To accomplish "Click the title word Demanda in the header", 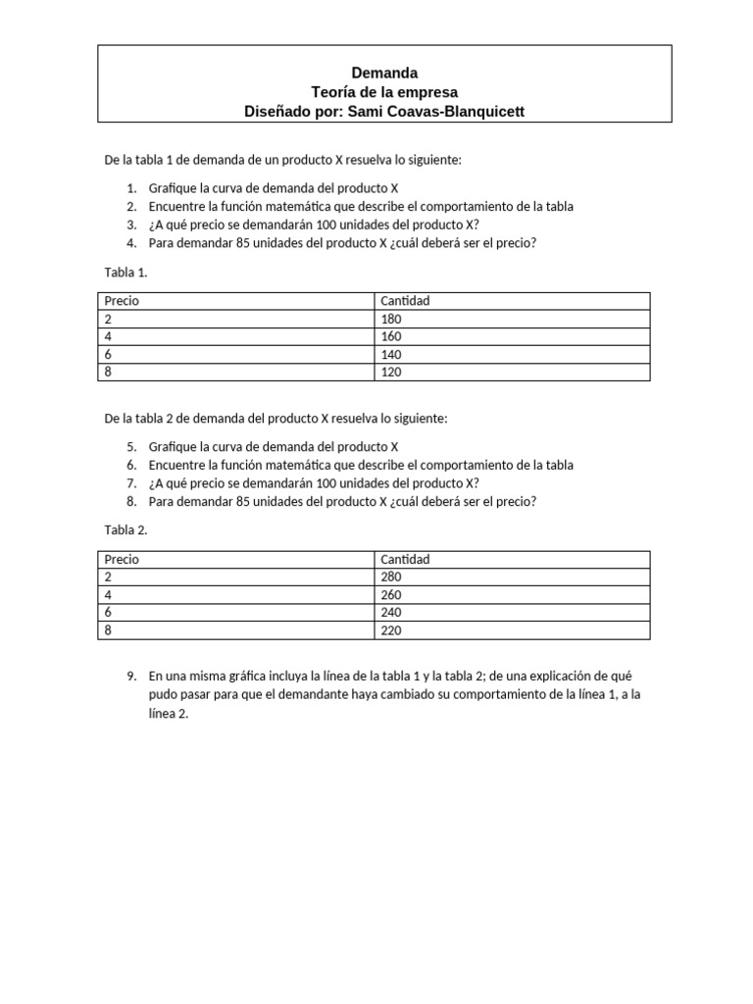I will [384, 73].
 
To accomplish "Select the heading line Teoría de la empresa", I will [384, 92].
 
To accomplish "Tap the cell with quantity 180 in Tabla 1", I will [391, 319].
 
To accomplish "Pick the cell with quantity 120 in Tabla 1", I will [391, 372].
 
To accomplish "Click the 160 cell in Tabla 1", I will [391, 336].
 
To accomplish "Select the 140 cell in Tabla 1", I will [391, 354].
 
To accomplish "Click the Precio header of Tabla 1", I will [122, 301].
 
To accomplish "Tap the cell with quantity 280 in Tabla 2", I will [391, 577].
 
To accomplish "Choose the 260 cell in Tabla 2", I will [391, 594].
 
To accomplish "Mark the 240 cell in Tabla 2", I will [391, 612].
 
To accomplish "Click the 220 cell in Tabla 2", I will [391, 630].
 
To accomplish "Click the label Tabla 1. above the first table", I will [125, 272].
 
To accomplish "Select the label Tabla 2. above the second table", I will [125, 529].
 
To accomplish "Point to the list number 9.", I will [131, 677].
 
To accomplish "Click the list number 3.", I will [131, 225].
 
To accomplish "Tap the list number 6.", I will [131, 465].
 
